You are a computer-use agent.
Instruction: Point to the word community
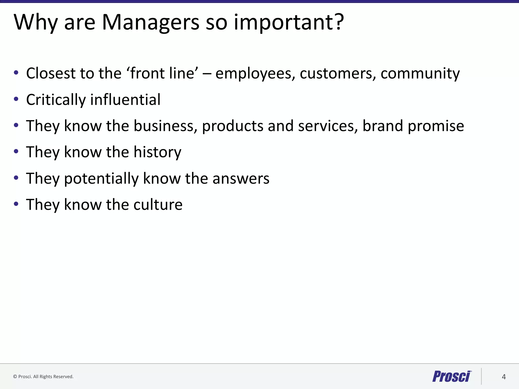pyautogui.click(x=420, y=74)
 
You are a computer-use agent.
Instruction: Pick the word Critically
pyautogui.click(x=56, y=100)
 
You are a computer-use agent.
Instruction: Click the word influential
pyautogui.click(x=125, y=99)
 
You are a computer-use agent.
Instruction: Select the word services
pyautogui.click(x=328, y=126)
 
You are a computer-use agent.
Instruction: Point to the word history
pyautogui.click(x=157, y=152)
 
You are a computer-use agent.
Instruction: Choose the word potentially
pyautogui.click(x=101, y=179)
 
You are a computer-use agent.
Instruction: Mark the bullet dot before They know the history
pyautogui.click(x=16, y=152)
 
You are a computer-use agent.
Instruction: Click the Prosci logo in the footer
pyautogui.click(x=452, y=376)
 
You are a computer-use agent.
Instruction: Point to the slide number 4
pyautogui.click(x=504, y=377)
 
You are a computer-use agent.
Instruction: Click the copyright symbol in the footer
pyautogui.click(x=15, y=377)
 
